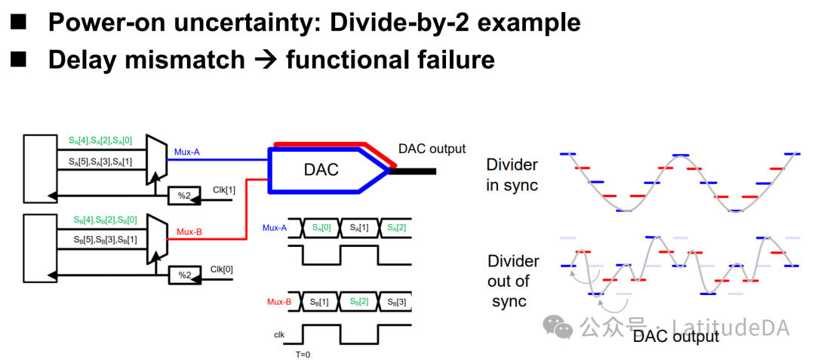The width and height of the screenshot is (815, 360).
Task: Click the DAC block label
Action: (321, 170)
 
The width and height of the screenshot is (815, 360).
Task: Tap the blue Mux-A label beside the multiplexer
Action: (187, 152)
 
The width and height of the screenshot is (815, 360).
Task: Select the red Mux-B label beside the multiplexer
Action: (189, 232)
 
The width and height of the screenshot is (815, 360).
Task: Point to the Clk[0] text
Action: (223, 269)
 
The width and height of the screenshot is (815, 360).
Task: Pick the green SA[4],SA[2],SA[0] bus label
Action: (100, 140)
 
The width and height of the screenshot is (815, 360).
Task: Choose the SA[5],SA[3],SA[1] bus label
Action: (100, 162)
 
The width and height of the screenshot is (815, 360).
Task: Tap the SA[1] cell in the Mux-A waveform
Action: (358, 228)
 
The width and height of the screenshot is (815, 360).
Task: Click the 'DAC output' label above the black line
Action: (432, 149)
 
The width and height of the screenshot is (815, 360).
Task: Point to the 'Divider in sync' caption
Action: (512, 174)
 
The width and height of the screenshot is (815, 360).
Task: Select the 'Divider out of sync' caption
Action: (513, 281)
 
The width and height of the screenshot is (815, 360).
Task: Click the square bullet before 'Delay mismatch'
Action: (19, 58)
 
